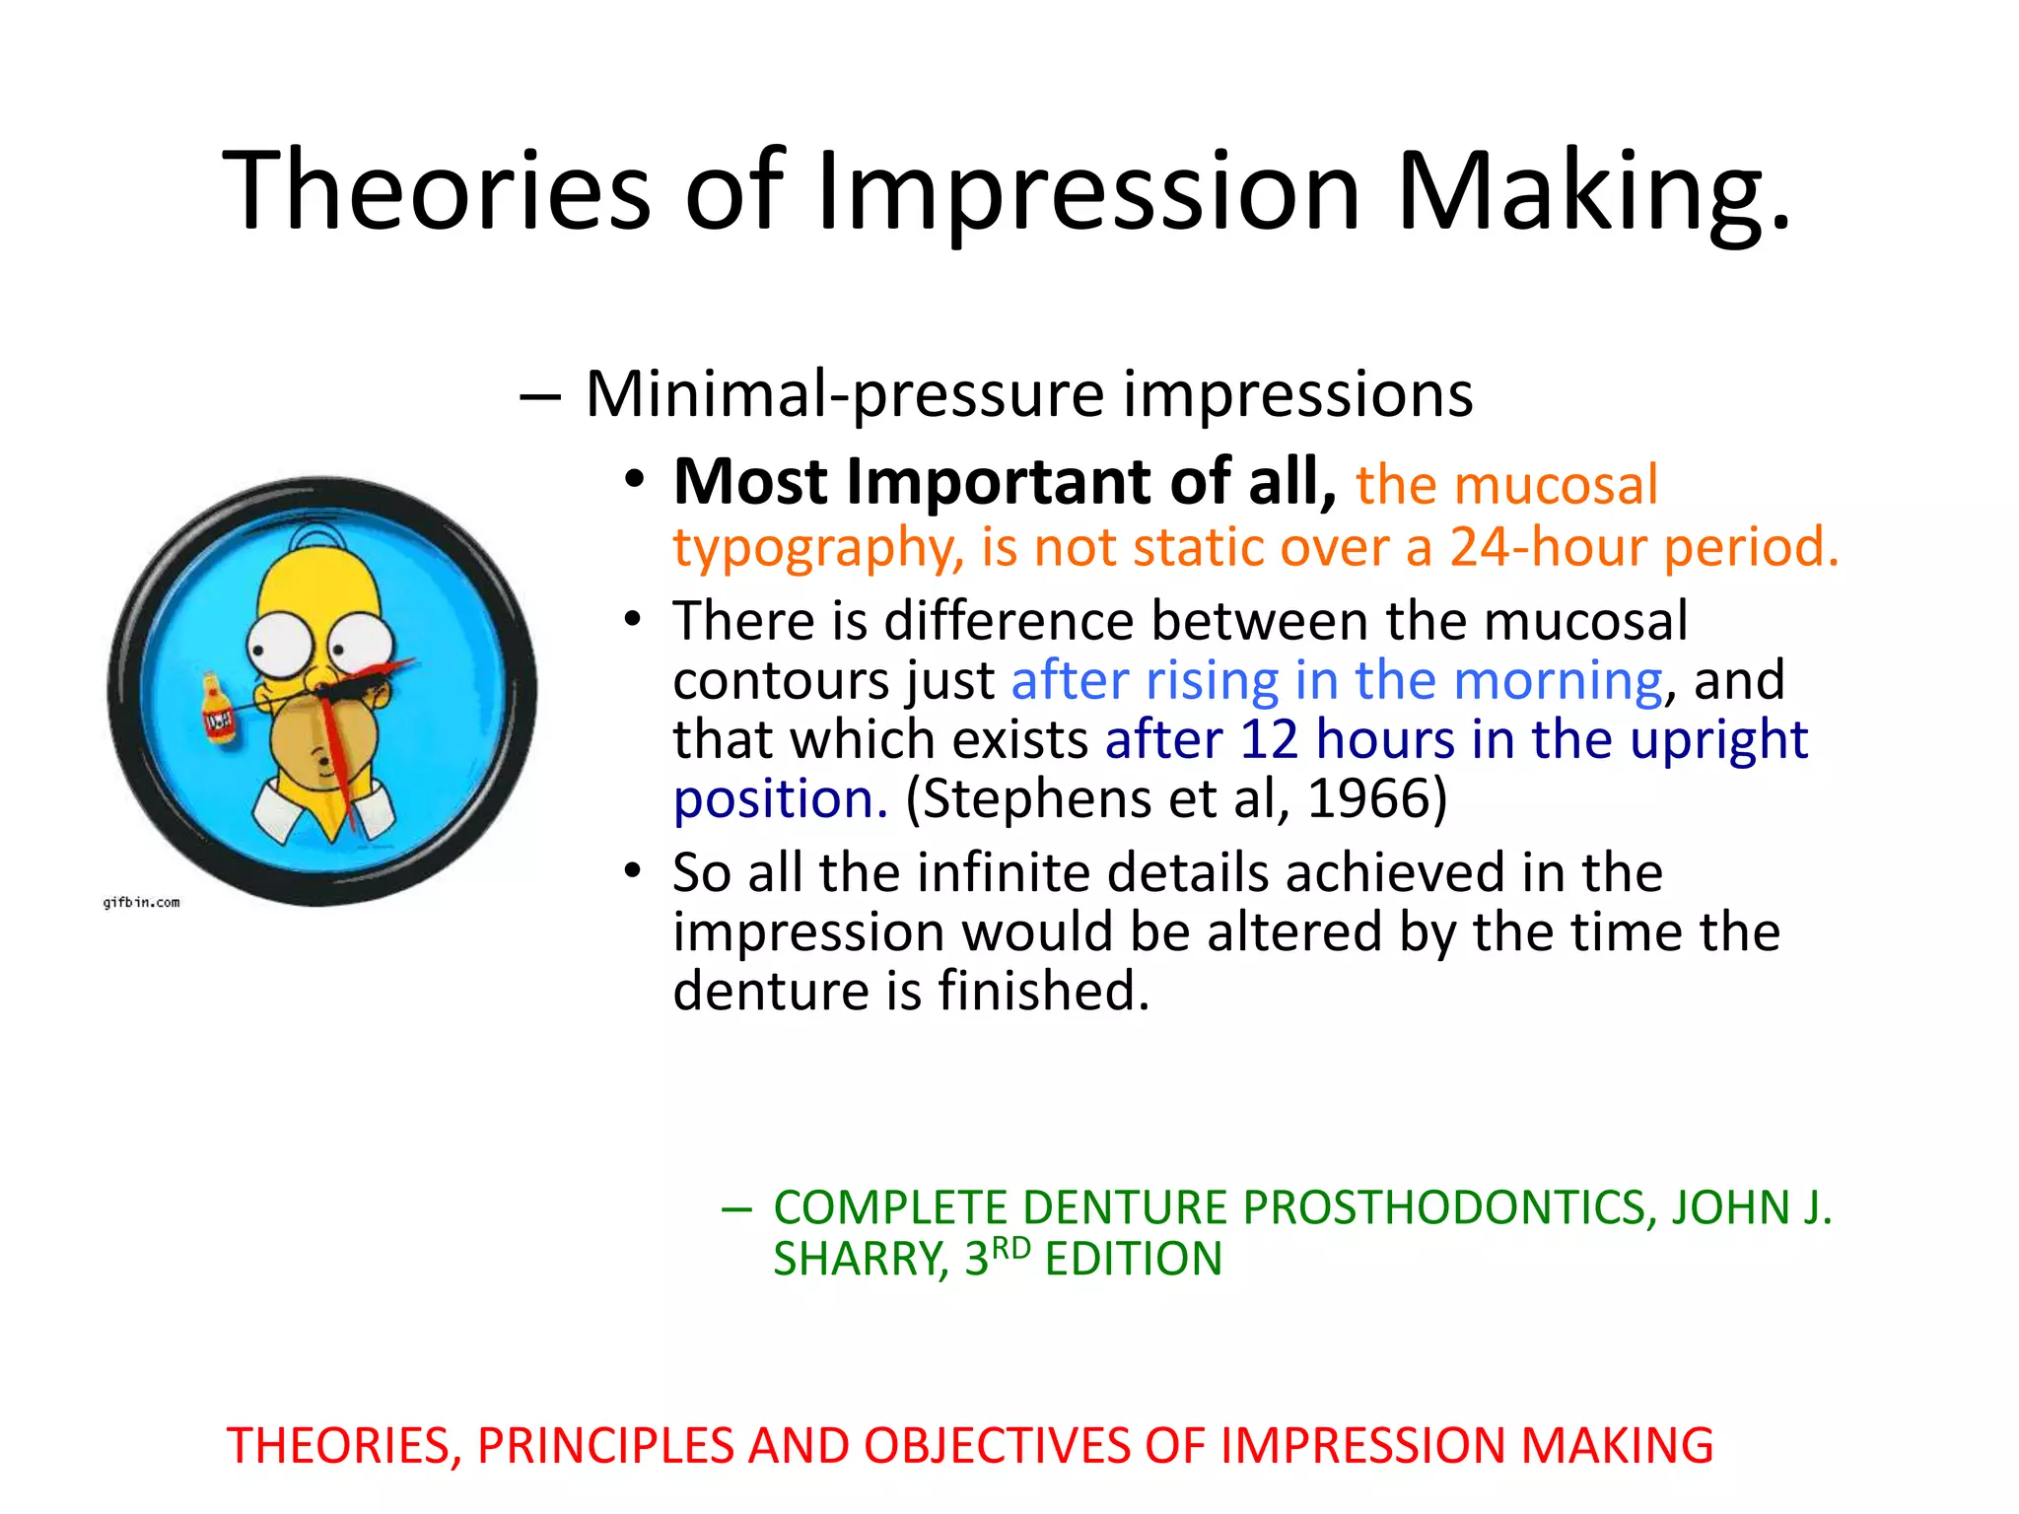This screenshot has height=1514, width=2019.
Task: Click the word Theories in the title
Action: (437, 189)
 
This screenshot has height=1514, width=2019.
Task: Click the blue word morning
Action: (1558, 680)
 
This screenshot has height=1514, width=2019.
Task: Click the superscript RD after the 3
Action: (1010, 1249)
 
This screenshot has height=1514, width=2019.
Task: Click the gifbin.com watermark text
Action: (142, 902)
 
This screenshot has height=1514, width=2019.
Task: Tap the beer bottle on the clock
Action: (218, 709)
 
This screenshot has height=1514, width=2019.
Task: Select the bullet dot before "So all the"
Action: (634, 871)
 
